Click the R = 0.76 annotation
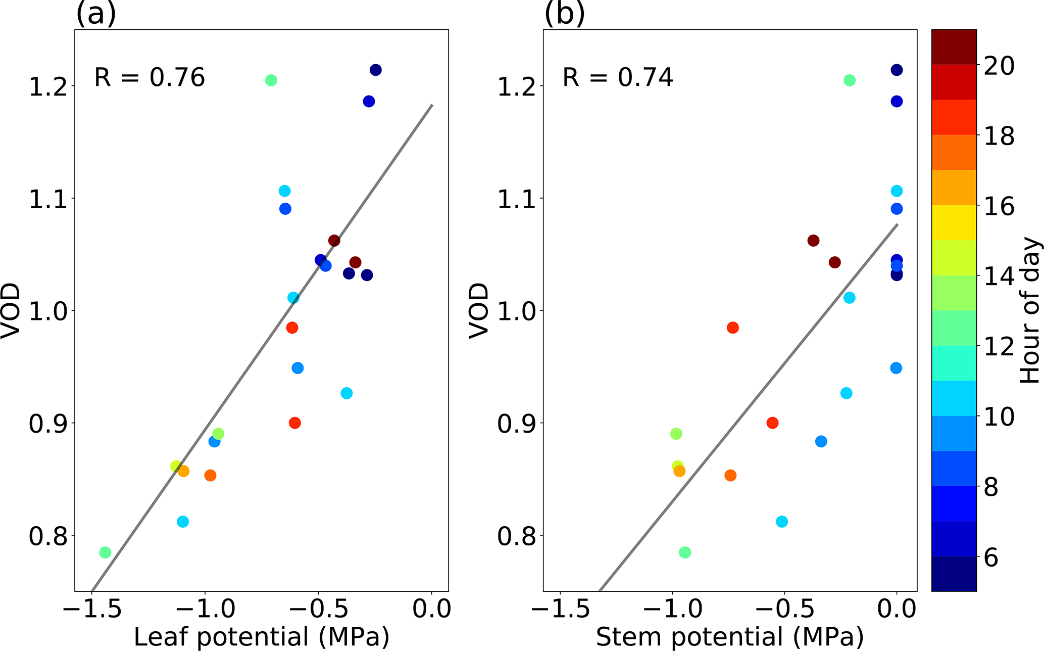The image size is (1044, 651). tap(150, 78)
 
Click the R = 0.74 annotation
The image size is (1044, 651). tap(618, 78)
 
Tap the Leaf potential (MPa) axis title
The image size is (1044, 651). tap(261, 637)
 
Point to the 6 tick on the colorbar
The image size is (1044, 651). tap(991, 558)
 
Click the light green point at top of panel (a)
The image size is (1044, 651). tap(271, 80)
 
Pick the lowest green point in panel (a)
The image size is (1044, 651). tap(105, 552)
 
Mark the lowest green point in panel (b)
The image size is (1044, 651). tap(685, 552)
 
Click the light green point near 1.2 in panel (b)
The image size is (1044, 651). tap(850, 80)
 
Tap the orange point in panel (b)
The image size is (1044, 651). tap(730, 475)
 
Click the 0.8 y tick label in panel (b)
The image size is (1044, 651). tap(517, 536)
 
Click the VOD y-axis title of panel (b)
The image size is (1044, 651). tap(478, 310)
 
